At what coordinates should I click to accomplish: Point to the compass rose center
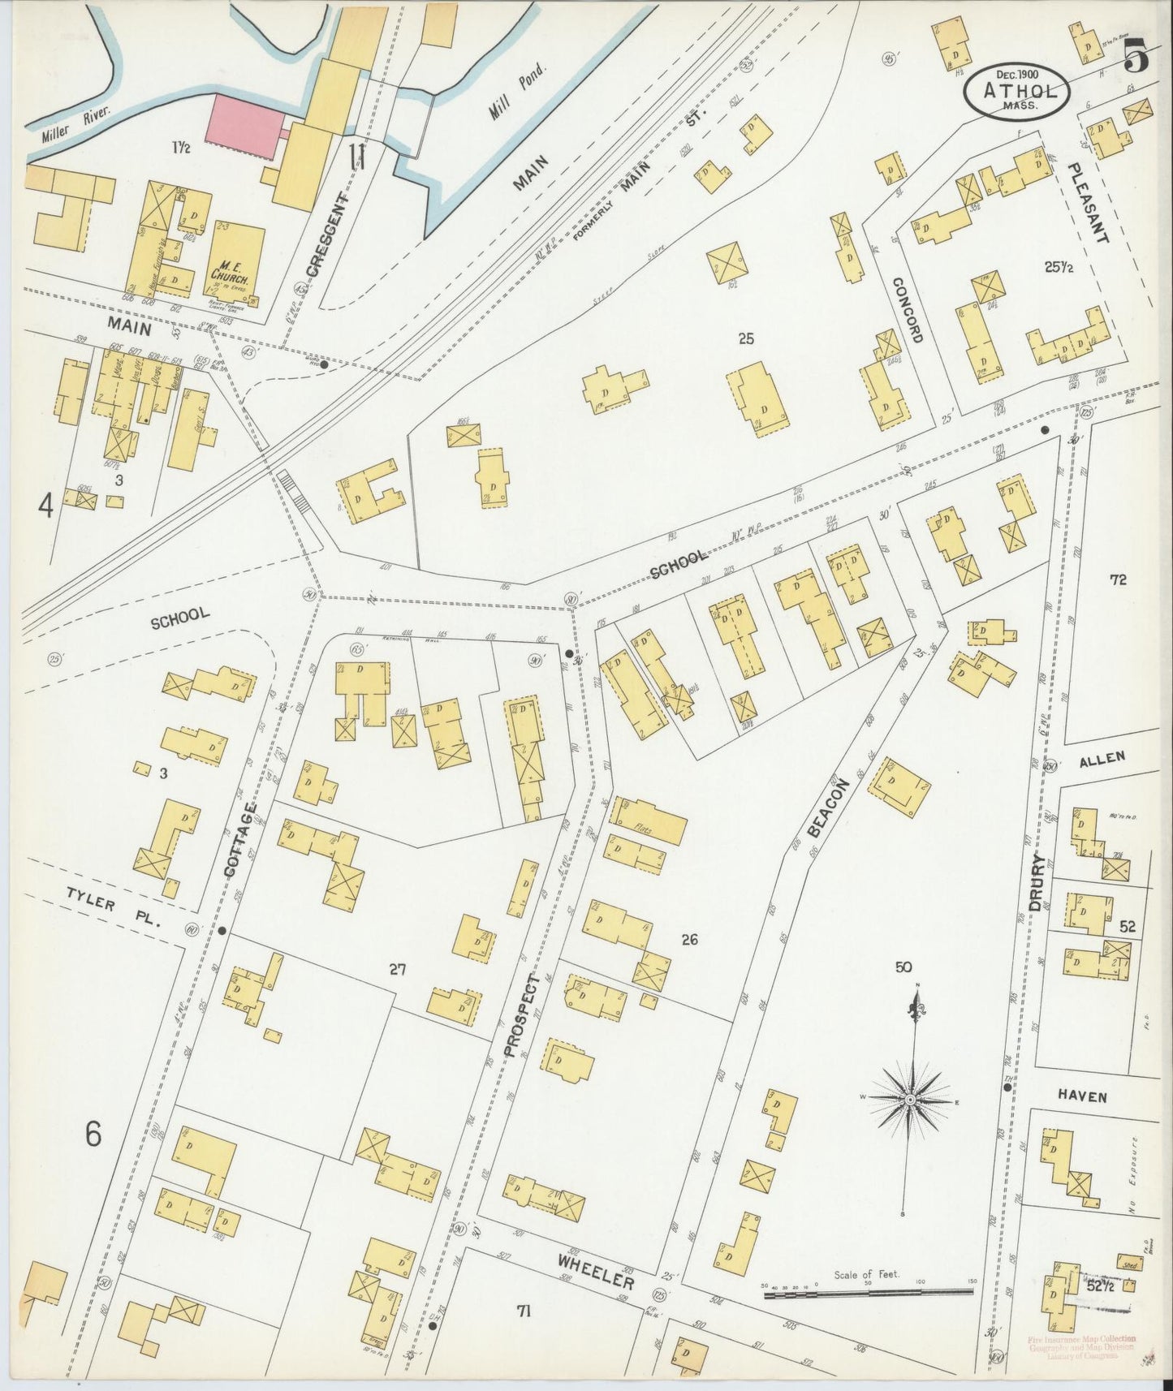pos(910,1099)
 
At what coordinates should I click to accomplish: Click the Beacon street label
pos(828,807)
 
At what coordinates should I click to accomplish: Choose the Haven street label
pos(1081,1096)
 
